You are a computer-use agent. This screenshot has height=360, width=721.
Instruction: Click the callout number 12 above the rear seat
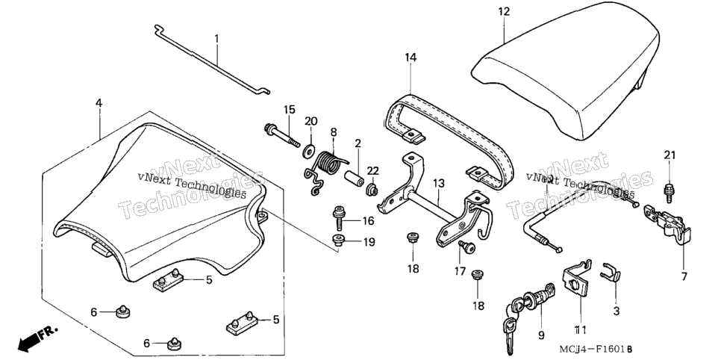[x=504, y=11]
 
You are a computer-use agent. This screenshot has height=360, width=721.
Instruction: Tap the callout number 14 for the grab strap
[x=411, y=58]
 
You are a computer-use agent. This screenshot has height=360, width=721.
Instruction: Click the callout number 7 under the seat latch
[x=684, y=277]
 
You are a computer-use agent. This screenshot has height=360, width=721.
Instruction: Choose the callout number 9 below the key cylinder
[x=541, y=335]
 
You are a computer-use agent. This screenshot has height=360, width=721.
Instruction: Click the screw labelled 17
[x=466, y=246]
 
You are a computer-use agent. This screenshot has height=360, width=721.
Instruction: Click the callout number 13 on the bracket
[x=439, y=183]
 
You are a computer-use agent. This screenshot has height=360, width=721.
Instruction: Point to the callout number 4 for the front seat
[x=99, y=102]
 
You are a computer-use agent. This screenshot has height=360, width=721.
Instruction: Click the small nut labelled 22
[x=372, y=189]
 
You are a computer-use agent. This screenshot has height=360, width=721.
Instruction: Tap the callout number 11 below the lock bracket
[x=580, y=329]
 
